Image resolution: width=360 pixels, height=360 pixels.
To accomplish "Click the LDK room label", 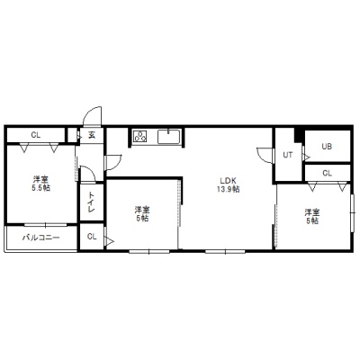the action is [x=229, y=181].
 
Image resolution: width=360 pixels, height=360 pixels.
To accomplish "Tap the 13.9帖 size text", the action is [x=229, y=189].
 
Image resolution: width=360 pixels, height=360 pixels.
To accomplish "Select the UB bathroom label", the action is [x=327, y=147].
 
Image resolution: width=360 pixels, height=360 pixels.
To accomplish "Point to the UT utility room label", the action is [x=288, y=155].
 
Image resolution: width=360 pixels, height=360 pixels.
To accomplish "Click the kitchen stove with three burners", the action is [x=140, y=137].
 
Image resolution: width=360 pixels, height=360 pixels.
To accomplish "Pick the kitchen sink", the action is [x=169, y=137].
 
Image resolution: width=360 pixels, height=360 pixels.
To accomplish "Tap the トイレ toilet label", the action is [x=92, y=202].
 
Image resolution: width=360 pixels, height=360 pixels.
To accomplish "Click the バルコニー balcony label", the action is [x=41, y=238].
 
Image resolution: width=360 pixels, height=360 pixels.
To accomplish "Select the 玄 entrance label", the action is [x=92, y=135].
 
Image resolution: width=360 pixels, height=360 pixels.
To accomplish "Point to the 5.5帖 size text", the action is [x=41, y=188].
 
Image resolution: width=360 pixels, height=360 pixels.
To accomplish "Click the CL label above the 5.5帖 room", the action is [x=36, y=135].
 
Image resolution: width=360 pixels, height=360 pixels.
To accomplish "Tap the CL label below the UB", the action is [x=327, y=173].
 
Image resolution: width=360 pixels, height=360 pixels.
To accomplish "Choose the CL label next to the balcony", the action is [x=92, y=237].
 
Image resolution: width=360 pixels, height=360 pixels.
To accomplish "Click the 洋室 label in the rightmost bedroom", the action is [x=312, y=212].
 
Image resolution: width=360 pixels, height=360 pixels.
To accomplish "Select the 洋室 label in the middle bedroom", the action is [x=142, y=210].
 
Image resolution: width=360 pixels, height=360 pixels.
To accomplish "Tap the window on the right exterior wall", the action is [x=353, y=213].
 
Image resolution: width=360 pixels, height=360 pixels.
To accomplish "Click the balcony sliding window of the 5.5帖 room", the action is [x=46, y=224].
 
